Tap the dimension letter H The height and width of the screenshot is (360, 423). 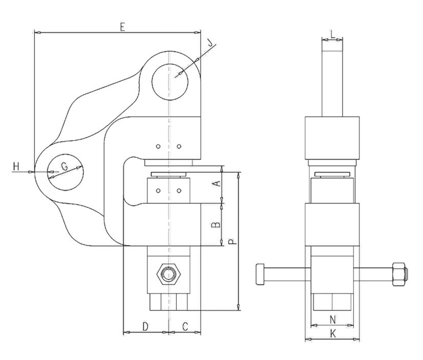click(15, 166)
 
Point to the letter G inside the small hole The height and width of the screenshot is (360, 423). click(65, 166)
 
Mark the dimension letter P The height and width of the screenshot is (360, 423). click(233, 241)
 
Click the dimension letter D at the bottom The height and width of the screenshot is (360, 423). click(145, 326)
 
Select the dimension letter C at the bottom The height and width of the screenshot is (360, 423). click(185, 326)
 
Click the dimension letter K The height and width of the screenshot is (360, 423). click(332, 334)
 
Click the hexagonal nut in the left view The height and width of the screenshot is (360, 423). click(167, 274)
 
